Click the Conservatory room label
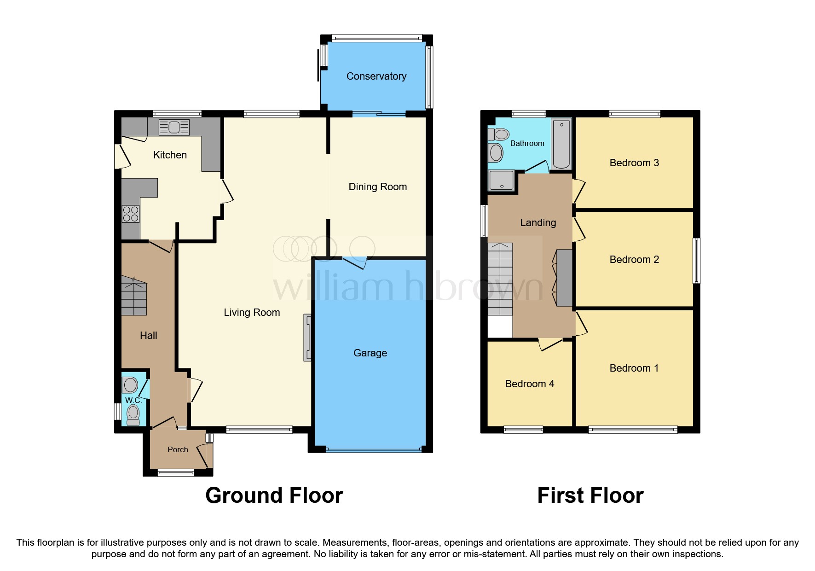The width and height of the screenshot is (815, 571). tap(376, 76)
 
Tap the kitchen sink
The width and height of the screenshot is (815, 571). tap(174, 128)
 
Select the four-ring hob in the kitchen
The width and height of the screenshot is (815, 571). tap(131, 214)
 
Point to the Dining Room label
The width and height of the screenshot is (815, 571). tap(377, 187)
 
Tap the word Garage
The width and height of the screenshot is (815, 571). tap(370, 353)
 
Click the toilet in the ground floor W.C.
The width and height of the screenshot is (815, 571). tap(133, 415)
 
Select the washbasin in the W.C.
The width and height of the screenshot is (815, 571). tap(130, 385)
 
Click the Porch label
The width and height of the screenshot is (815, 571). tap(178, 449)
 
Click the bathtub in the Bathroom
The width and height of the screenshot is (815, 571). tap(561, 143)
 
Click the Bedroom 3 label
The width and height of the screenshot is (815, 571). tap(634, 163)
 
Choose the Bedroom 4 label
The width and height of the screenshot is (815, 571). tap(529, 384)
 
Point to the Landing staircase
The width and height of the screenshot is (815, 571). tap(500, 280)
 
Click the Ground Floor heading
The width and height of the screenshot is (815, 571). tap(274, 495)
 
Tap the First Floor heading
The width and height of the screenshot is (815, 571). tap(590, 495)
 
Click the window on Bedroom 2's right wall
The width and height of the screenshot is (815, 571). tap(697, 260)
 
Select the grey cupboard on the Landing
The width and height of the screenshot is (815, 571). tap(565, 278)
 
